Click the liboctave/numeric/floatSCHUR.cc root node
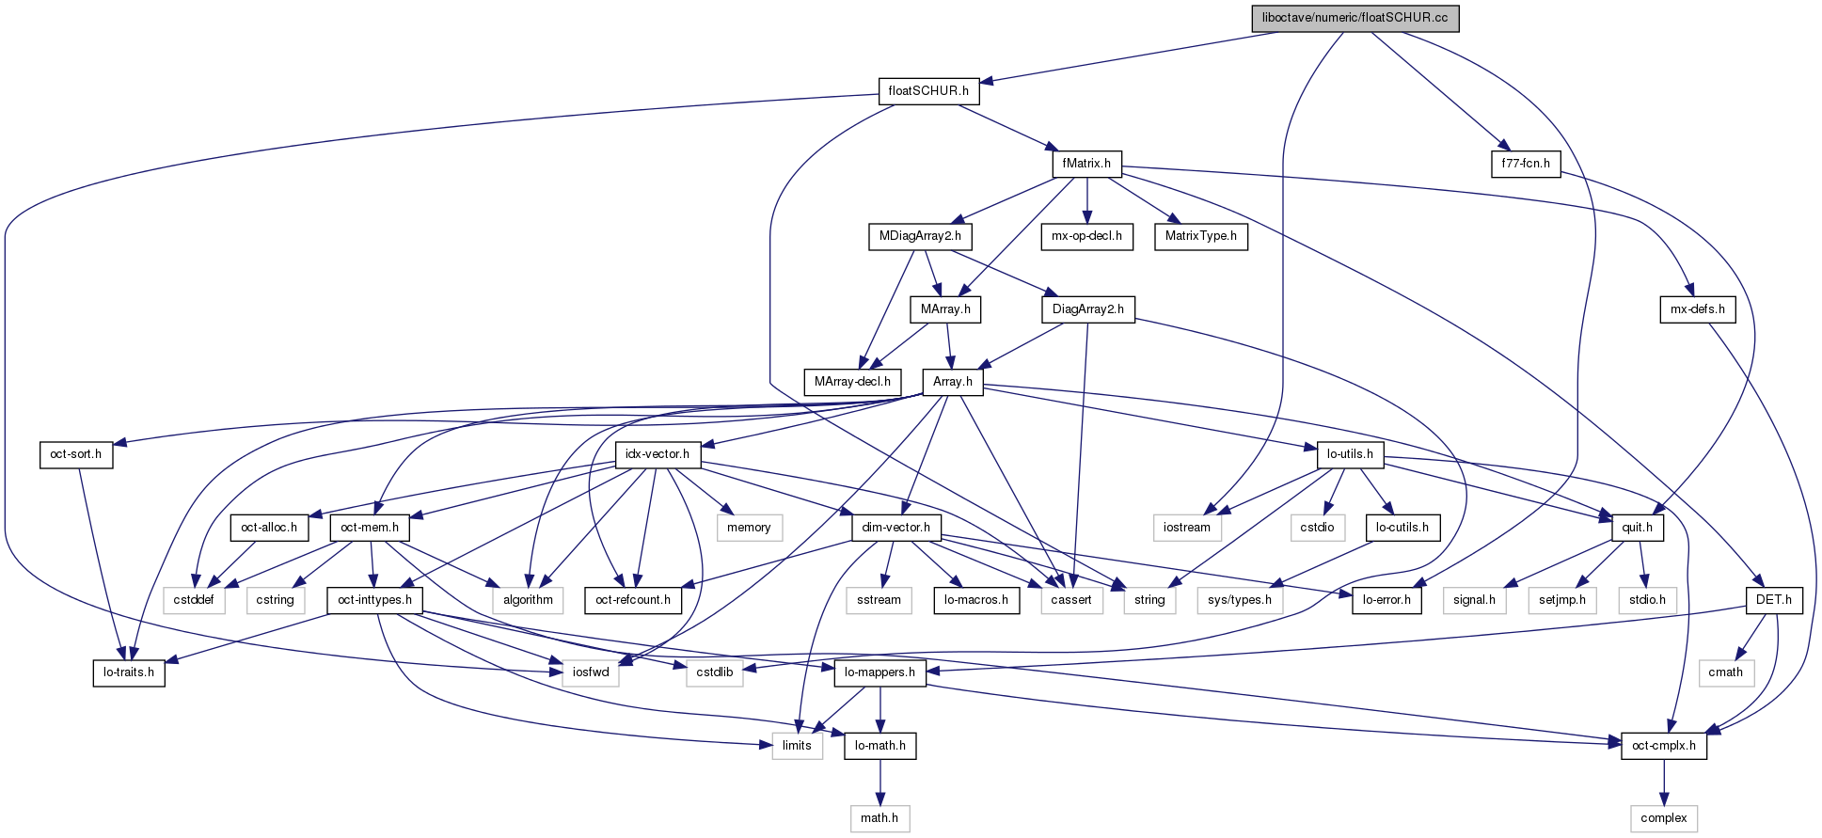(1355, 18)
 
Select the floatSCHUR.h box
(928, 91)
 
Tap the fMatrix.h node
(1086, 164)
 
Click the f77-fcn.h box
(1526, 164)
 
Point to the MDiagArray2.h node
(920, 236)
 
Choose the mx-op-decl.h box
(1086, 236)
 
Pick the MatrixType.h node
(1201, 236)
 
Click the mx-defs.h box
(1698, 309)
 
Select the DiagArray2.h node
(1088, 309)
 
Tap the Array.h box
(953, 382)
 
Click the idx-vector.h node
(658, 454)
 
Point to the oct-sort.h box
(76, 454)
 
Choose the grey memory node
(749, 528)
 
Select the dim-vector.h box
(896, 528)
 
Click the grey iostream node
(1187, 528)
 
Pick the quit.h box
(1638, 528)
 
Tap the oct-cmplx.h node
(1664, 746)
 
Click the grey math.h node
(879, 818)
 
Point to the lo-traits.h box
(129, 673)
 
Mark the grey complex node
(1664, 818)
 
